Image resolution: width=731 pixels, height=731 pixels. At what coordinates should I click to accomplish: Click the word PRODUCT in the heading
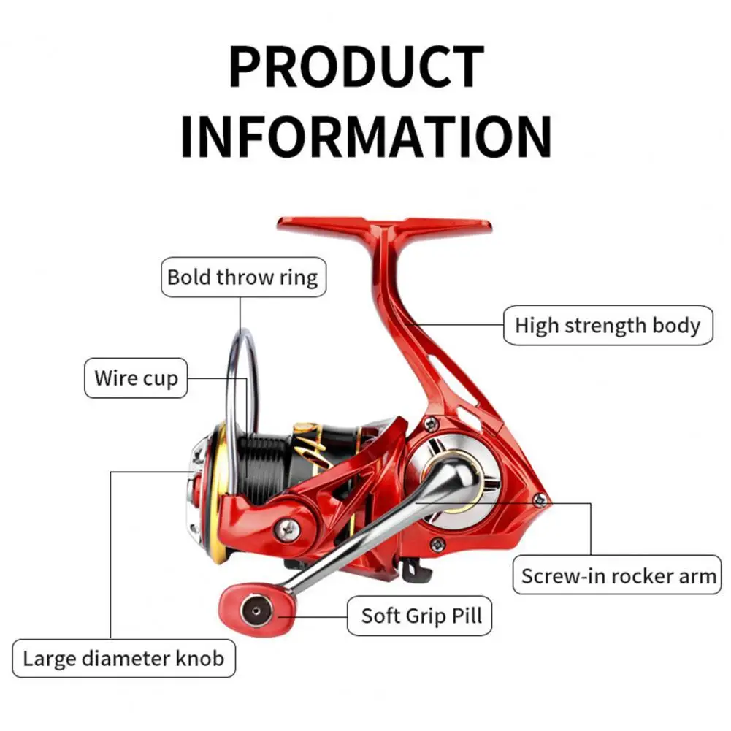point(356,67)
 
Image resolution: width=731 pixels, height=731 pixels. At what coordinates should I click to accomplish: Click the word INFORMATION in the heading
point(365,137)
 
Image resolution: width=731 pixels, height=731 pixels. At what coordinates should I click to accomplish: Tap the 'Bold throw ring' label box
point(242,278)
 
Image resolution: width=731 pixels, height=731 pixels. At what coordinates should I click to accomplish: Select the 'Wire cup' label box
point(136,378)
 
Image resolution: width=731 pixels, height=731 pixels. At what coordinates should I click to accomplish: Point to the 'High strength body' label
point(607,325)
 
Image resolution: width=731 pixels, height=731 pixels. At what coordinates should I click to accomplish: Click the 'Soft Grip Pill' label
point(421,615)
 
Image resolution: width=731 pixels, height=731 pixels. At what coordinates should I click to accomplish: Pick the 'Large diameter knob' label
point(122,658)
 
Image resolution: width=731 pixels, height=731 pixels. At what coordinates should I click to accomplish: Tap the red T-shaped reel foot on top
point(385,227)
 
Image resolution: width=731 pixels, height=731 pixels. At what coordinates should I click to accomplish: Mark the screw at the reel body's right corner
point(540,500)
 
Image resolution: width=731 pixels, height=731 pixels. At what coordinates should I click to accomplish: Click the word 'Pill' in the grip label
point(465,615)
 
